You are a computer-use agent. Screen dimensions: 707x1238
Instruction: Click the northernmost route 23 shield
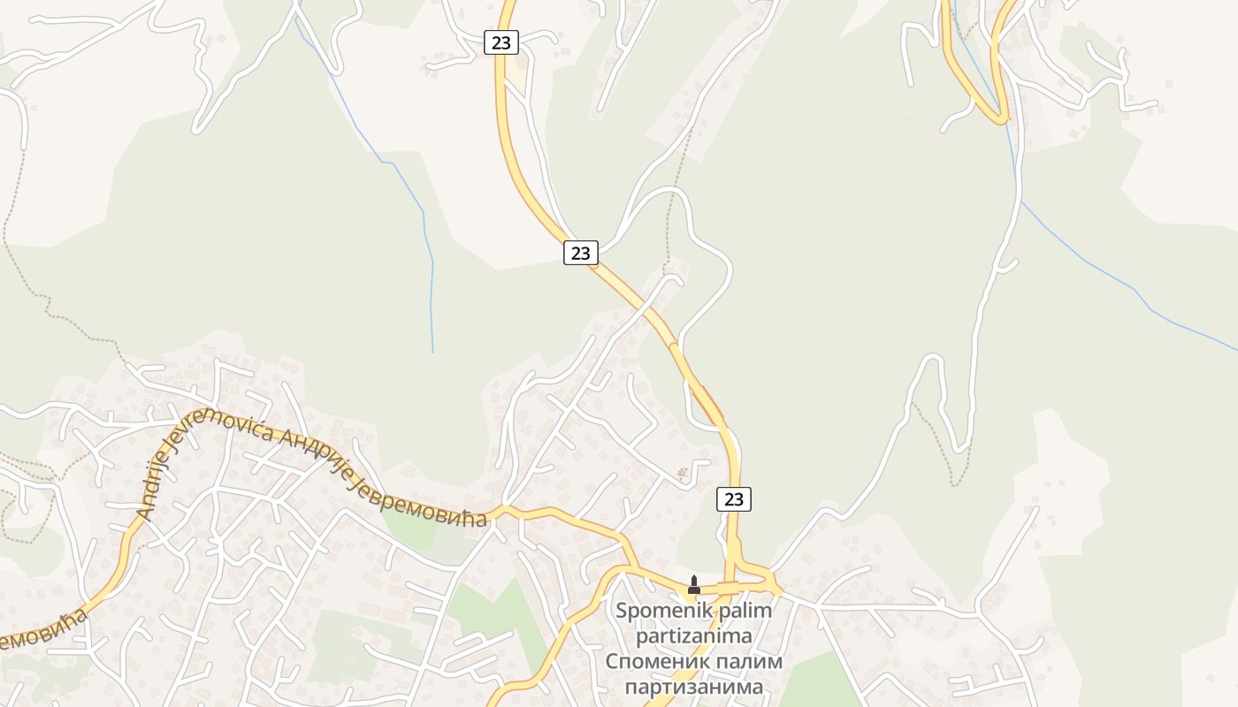tap(501, 42)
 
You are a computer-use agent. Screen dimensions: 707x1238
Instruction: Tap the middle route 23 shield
tap(580, 253)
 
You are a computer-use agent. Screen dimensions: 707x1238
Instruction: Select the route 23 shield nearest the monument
tap(733, 499)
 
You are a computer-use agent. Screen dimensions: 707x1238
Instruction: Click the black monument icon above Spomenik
tap(694, 585)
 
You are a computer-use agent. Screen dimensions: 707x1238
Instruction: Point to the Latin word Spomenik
tap(654, 611)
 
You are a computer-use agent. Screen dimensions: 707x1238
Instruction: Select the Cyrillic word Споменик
tap(656, 662)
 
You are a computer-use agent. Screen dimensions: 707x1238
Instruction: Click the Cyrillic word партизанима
tap(694, 687)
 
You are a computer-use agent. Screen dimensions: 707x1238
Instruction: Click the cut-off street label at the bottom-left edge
tap(40, 629)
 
